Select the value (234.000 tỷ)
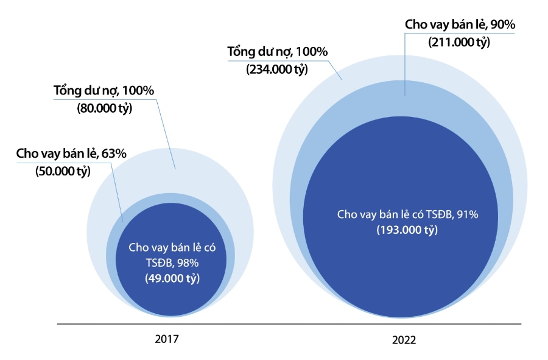point(277,69)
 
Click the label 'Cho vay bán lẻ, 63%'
point(71,154)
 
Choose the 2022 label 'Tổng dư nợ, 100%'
point(278,52)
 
